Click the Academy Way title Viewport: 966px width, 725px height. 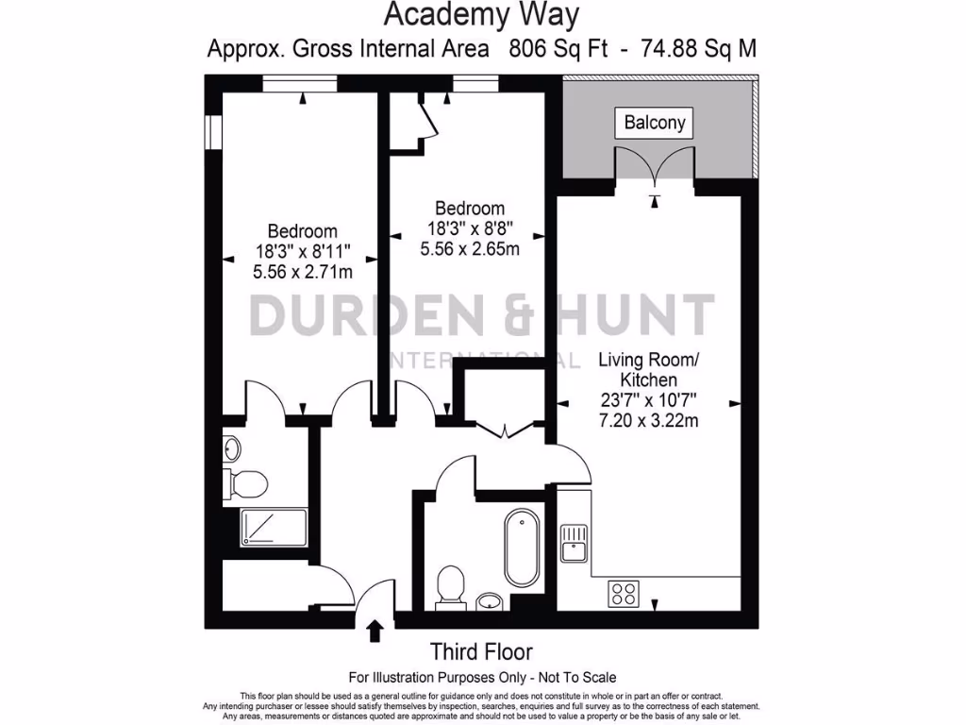tap(481, 15)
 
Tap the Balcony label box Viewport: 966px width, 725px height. tap(655, 123)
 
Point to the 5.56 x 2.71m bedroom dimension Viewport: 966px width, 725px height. tap(303, 273)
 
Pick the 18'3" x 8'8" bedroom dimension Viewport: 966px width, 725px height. tap(469, 229)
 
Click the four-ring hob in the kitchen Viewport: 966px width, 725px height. tap(623, 594)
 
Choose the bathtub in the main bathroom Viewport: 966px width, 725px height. tap(521, 548)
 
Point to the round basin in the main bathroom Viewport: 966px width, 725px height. tap(490, 600)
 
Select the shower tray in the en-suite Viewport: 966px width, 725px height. tap(274, 527)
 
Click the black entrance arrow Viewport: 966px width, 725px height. tap(375, 631)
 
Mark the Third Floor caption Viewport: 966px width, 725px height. tap(481, 651)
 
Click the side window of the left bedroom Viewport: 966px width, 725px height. tap(213, 132)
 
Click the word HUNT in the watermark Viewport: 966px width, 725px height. tap(620, 316)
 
